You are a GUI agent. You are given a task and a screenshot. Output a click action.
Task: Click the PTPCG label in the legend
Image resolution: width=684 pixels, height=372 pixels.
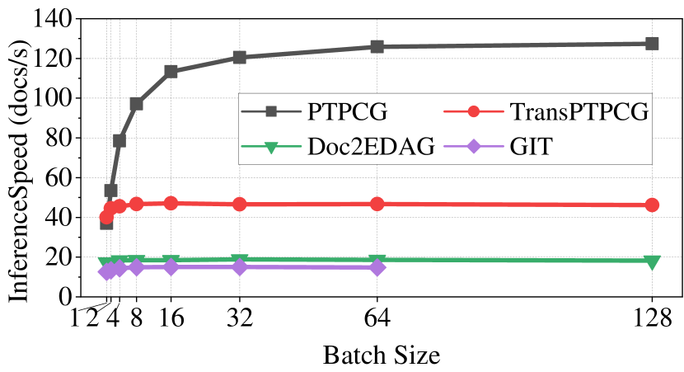coord(346,111)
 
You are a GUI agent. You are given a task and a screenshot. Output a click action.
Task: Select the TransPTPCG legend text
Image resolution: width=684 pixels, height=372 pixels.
coord(579,111)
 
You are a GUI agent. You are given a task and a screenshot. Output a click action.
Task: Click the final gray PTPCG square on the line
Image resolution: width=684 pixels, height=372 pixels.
coord(652,43)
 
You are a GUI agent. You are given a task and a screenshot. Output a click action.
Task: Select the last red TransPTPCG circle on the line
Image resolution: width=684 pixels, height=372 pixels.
coord(652,205)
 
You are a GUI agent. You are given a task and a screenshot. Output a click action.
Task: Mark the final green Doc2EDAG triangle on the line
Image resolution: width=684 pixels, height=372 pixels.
coord(652,262)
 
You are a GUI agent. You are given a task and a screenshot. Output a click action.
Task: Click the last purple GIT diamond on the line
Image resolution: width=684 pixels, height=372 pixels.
coord(377,267)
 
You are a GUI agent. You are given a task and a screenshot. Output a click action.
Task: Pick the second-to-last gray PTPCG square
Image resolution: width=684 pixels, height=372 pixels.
coord(377,47)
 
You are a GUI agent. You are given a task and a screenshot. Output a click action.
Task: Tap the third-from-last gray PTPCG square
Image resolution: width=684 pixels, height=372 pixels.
coord(239,57)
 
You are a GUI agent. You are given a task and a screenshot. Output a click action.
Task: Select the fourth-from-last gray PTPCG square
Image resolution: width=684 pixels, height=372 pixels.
coord(171,71)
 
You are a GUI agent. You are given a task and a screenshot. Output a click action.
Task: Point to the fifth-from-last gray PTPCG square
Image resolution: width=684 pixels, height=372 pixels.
coord(137,104)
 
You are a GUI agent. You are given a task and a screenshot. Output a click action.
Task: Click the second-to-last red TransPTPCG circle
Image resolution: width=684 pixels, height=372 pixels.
coord(377,204)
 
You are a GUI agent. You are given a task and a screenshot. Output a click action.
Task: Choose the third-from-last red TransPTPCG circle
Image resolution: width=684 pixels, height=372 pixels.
coord(239,204)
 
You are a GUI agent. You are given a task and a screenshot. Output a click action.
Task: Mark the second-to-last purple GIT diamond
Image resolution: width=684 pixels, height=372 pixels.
coord(239,267)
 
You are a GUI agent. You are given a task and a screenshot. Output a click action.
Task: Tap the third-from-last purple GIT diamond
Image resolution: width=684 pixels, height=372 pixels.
coord(171,267)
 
